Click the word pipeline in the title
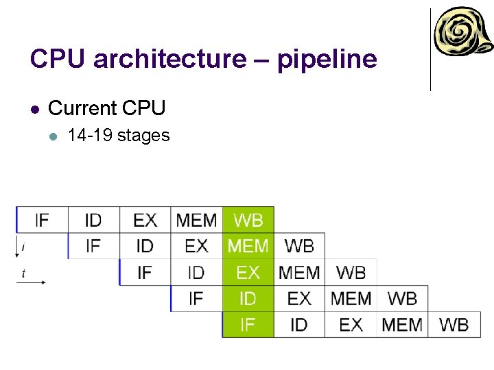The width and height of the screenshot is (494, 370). (x=327, y=60)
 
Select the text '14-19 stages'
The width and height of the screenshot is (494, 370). (x=119, y=136)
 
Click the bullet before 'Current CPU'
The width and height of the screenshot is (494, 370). (x=35, y=109)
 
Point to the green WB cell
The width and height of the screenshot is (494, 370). (x=248, y=220)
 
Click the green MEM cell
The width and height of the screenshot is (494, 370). (x=248, y=246)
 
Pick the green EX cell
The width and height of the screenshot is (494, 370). (x=248, y=272)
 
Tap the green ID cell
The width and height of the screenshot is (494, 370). (x=248, y=298)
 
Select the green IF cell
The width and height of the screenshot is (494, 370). (x=248, y=324)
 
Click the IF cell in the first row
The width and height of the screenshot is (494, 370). (x=42, y=220)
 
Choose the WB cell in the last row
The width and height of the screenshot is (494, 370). (x=454, y=324)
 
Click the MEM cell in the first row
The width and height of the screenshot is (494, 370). (x=196, y=220)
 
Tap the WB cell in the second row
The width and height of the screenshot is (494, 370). (x=299, y=246)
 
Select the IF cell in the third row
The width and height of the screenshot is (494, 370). (x=145, y=272)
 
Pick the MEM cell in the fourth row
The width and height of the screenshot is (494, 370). (x=351, y=298)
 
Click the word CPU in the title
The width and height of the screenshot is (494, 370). (x=58, y=60)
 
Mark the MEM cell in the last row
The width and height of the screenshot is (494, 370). (x=402, y=324)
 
